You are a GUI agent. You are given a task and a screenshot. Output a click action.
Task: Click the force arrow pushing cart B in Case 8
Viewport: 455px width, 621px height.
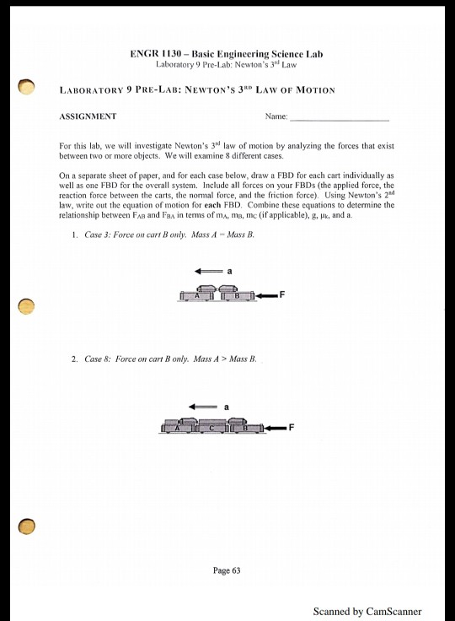point(275,428)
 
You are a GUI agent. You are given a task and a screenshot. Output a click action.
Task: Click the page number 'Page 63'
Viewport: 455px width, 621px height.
point(227,570)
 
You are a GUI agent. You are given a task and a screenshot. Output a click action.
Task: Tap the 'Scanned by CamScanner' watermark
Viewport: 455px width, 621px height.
point(367,612)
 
